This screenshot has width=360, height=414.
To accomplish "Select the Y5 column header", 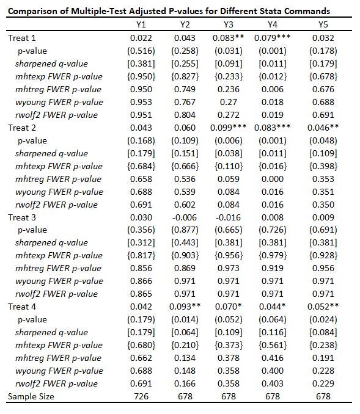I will pos(323,25).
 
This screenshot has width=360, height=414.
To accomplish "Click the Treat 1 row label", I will pos(21,38).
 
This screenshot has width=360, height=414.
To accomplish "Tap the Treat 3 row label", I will pos(21,217).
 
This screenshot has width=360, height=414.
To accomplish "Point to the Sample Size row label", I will pos(31,396).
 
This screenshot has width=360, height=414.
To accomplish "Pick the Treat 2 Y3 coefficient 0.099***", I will pos(232,128).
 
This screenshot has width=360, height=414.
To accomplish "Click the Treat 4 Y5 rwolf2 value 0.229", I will pos(323,383).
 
